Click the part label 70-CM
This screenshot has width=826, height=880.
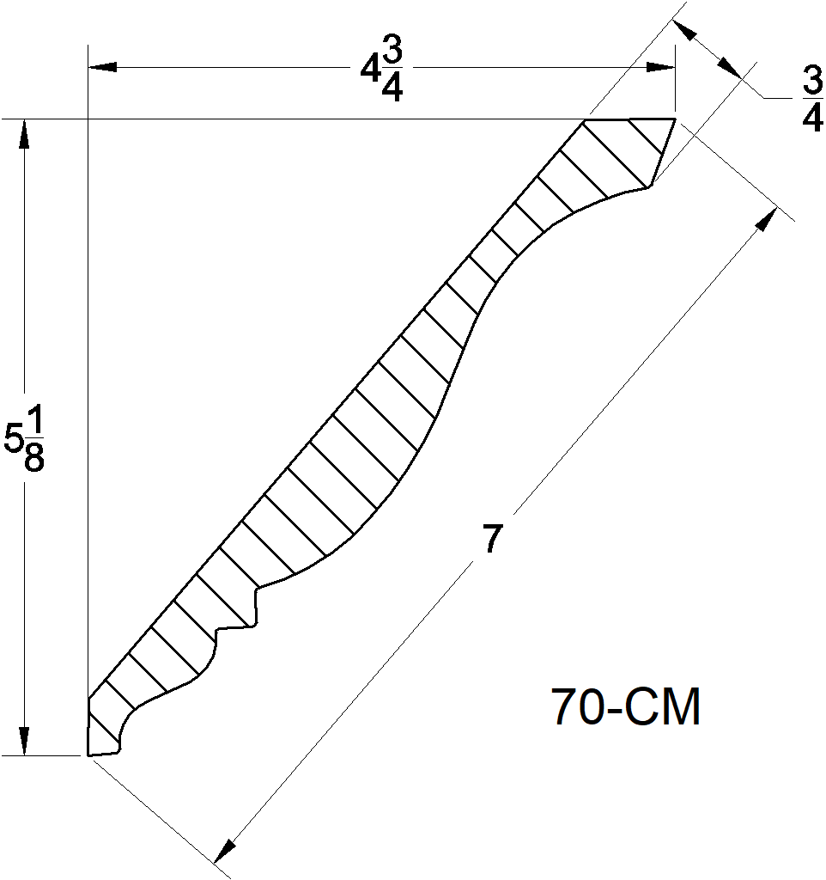coord(626,708)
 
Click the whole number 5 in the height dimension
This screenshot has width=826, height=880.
coord(15,439)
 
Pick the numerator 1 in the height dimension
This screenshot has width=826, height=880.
coord(34,420)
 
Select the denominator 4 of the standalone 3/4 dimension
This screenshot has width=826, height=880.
coord(812,119)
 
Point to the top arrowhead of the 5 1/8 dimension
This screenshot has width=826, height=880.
coord(24,133)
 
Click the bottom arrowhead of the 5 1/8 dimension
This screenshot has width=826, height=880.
coord(24,741)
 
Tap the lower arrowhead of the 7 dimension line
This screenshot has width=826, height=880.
coord(225,850)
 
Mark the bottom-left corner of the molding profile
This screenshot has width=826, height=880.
coord(88,755)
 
